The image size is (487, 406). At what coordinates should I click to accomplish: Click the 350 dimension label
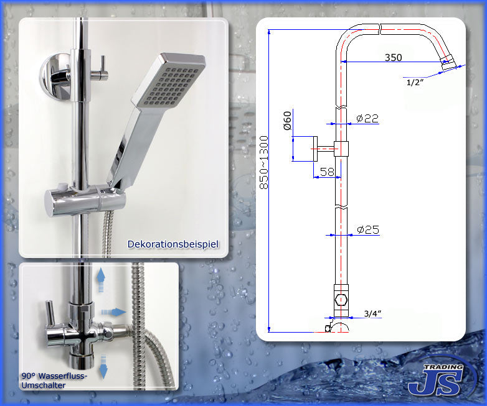coord(393,57)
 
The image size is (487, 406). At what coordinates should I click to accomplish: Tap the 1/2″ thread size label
coord(415,82)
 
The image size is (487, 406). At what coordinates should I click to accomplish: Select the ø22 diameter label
coord(367,118)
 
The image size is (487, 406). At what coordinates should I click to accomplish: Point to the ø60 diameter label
coord(287,121)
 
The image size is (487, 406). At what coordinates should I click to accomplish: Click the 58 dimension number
coord(327,172)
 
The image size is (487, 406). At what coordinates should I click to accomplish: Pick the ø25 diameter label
coord(368,229)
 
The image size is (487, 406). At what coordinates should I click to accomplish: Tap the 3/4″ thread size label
coord(372,313)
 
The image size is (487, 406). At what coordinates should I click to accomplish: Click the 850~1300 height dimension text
coord(263,162)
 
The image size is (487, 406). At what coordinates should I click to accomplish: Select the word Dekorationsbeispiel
coord(173,244)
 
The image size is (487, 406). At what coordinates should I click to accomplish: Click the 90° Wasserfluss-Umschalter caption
coord(54,381)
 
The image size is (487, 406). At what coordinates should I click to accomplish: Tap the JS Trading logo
coord(441,379)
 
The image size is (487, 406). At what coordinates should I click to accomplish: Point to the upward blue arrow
coord(101,280)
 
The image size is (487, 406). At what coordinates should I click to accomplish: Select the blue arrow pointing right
coord(113,312)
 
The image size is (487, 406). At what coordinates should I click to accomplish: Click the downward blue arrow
coord(103,367)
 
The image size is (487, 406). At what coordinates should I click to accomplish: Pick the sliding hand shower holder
coord(85,200)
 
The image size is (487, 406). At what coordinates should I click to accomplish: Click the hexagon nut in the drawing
coord(341,300)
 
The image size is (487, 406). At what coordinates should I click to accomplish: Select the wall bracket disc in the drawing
coord(315,149)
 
